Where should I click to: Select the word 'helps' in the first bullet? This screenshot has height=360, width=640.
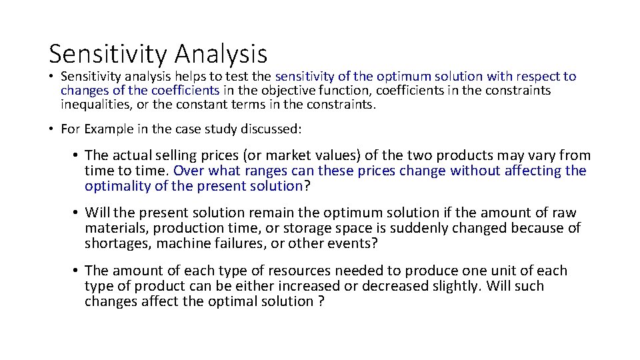[x=192, y=77]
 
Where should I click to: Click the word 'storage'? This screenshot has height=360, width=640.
[x=325, y=229]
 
